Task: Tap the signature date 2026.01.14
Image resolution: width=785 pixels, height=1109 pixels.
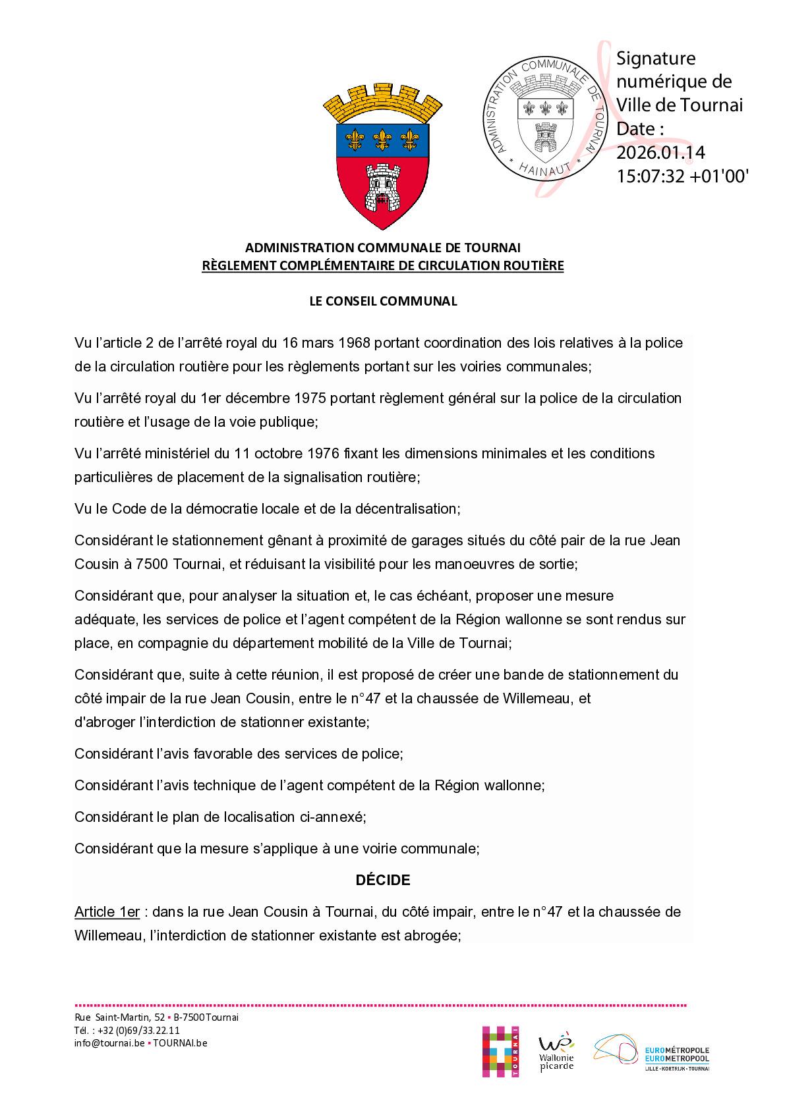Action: [660, 153]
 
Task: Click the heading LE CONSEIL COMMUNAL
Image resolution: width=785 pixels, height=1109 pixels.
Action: [383, 301]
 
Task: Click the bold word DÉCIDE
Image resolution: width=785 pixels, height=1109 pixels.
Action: [383, 880]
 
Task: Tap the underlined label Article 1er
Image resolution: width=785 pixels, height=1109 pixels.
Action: [107, 912]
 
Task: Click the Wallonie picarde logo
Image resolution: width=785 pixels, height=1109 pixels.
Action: [556, 1052]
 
